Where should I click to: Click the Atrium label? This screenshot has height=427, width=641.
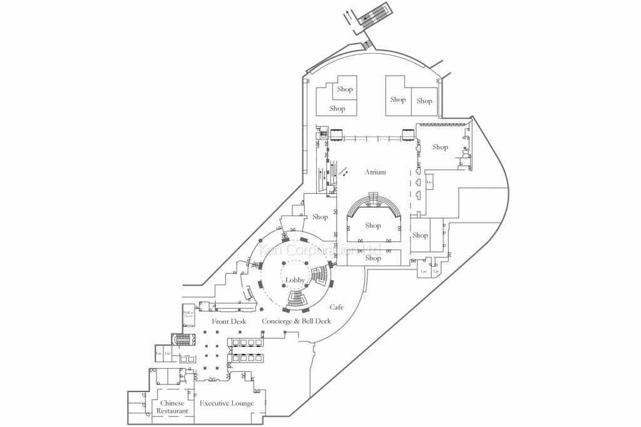[376, 172]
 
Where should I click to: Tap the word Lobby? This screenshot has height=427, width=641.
[295, 279]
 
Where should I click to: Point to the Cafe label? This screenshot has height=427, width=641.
[337, 307]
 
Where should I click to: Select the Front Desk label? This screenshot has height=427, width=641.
[228, 321]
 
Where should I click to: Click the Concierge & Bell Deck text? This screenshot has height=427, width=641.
[296, 321]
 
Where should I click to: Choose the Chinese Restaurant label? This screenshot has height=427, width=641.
[172, 407]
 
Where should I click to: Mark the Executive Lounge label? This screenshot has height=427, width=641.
[227, 403]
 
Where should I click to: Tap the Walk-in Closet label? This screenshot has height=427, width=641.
[188, 314]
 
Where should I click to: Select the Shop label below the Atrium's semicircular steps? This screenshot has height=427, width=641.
[373, 226]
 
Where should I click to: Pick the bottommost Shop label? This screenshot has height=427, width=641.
[373, 258]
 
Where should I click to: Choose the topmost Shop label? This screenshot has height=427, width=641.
[345, 89]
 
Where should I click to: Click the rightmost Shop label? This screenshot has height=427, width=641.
[440, 147]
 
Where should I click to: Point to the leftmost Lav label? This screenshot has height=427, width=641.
[158, 353]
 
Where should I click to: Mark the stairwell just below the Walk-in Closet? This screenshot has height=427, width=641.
[183, 339]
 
